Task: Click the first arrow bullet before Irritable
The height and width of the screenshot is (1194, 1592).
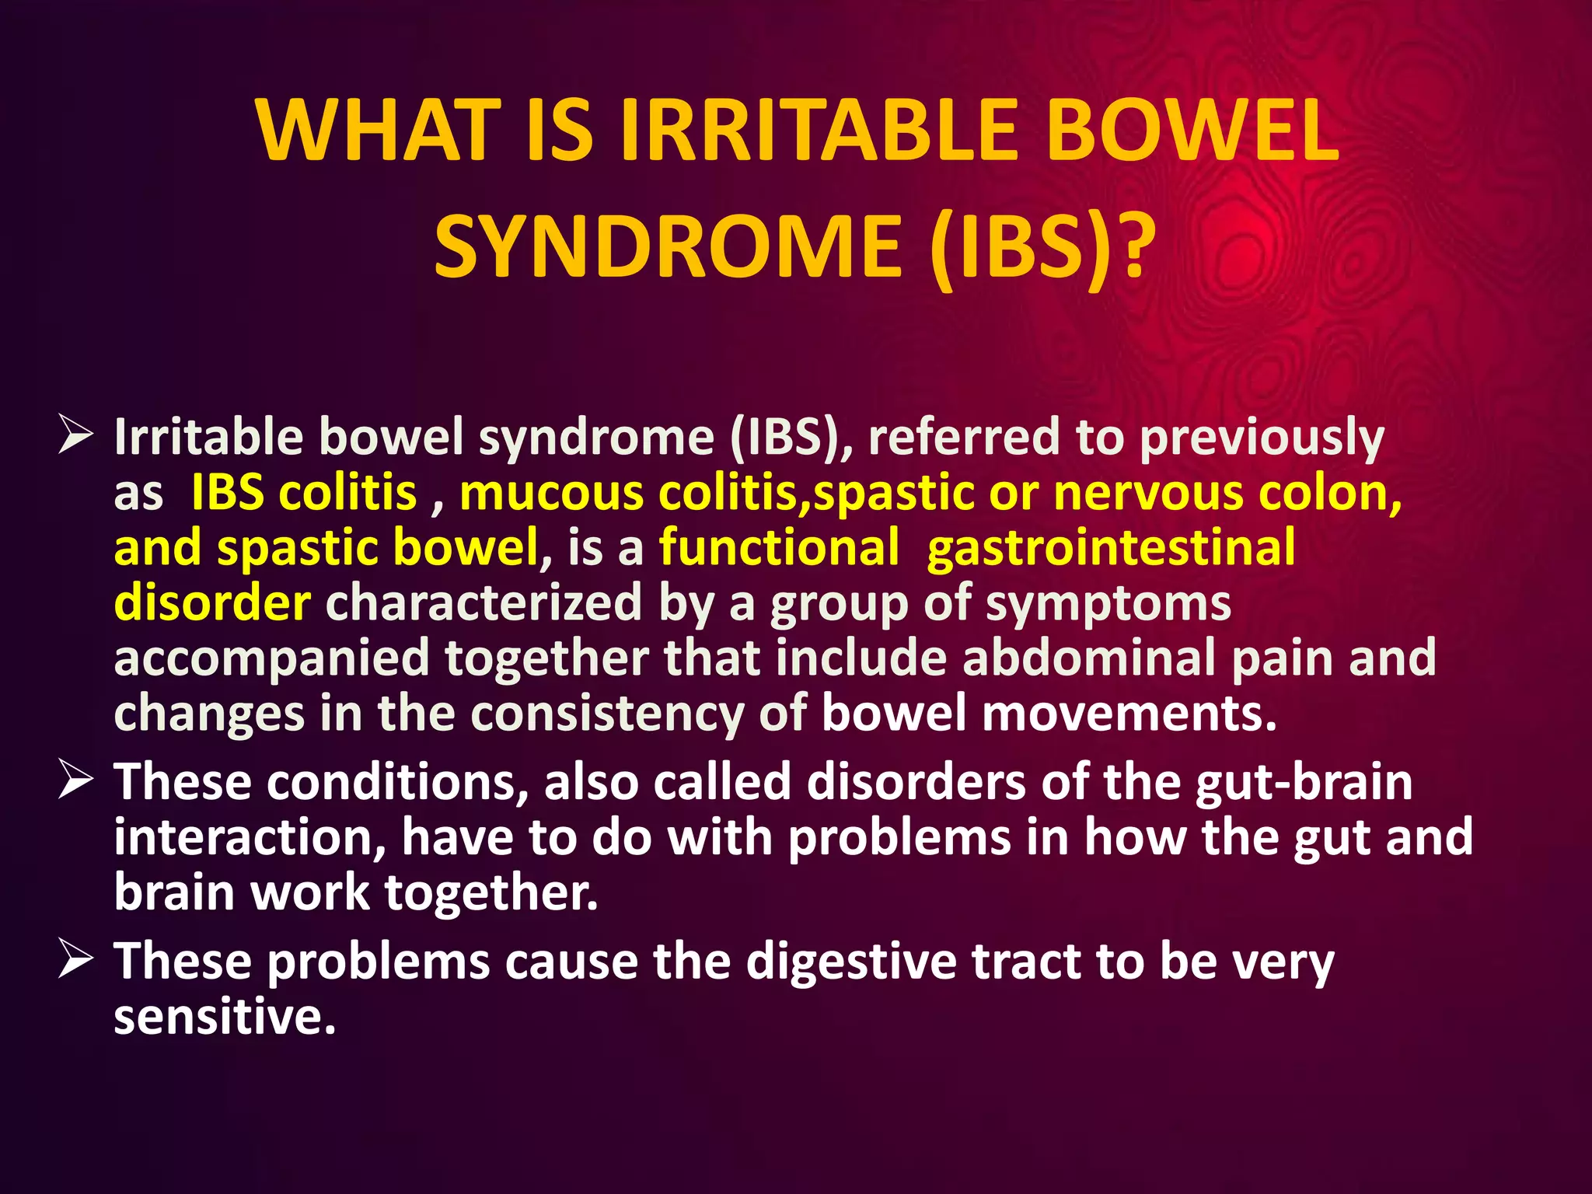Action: click(75, 437)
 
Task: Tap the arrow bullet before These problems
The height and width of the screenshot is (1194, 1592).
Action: click(75, 961)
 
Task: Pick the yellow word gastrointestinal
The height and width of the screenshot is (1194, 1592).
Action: click(1111, 547)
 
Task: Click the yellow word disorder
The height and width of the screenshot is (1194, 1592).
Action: click(212, 603)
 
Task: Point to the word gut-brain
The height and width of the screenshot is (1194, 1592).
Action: click(1304, 782)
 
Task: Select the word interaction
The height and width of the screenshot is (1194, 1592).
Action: click(249, 837)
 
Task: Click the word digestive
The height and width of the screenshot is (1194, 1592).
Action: click(851, 962)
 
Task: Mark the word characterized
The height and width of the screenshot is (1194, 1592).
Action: click(484, 603)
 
